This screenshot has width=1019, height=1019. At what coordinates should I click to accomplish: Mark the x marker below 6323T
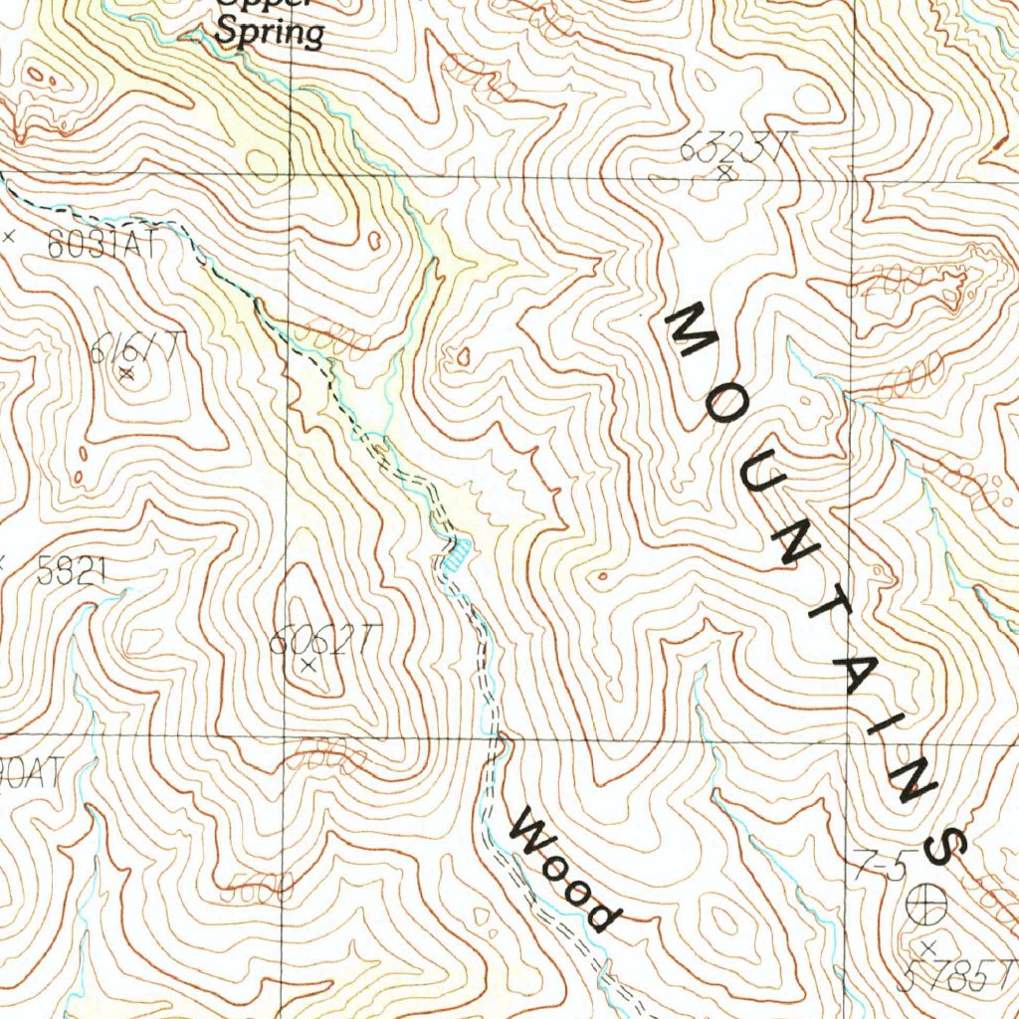click(x=725, y=173)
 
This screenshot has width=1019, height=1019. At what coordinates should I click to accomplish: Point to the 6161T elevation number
click(x=134, y=348)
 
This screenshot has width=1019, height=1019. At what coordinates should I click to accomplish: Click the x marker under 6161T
click(x=125, y=374)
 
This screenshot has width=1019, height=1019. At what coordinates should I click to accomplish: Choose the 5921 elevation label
click(x=71, y=570)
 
